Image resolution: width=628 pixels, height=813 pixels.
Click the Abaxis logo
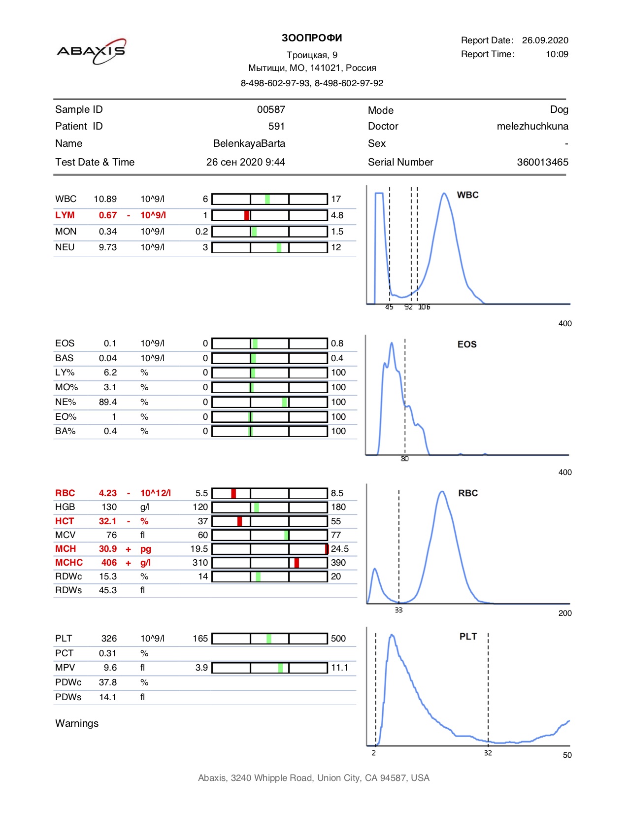click(91, 51)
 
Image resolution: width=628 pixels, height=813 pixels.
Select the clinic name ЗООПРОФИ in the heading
click(312, 38)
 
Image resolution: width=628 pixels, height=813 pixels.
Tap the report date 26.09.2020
click(545, 40)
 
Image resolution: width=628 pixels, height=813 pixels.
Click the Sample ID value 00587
click(271, 109)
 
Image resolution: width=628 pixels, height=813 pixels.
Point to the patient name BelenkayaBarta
click(249, 143)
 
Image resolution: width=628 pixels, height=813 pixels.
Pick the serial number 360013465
click(542, 162)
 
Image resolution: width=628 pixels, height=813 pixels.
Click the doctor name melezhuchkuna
click(532, 126)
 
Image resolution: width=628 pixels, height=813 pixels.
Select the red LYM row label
click(65, 215)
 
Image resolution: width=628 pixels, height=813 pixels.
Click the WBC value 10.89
click(105, 199)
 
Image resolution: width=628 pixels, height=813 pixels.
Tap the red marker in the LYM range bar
click(246, 215)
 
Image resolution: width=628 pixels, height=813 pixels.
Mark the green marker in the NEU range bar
click(279, 247)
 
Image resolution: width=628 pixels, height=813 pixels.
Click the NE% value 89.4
click(108, 402)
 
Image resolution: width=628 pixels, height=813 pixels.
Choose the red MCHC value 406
click(109, 562)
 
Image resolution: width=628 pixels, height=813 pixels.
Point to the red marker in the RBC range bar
click(233, 493)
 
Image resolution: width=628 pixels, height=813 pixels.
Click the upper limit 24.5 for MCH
click(340, 548)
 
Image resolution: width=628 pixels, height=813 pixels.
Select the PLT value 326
click(109, 638)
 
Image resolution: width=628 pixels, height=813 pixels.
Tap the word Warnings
click(77, 723)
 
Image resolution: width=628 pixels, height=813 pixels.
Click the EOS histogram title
click(467, 344)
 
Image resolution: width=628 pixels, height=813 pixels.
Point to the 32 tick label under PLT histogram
click(488, 753)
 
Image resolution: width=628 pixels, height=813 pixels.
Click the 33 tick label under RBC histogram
click(398, 610)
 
